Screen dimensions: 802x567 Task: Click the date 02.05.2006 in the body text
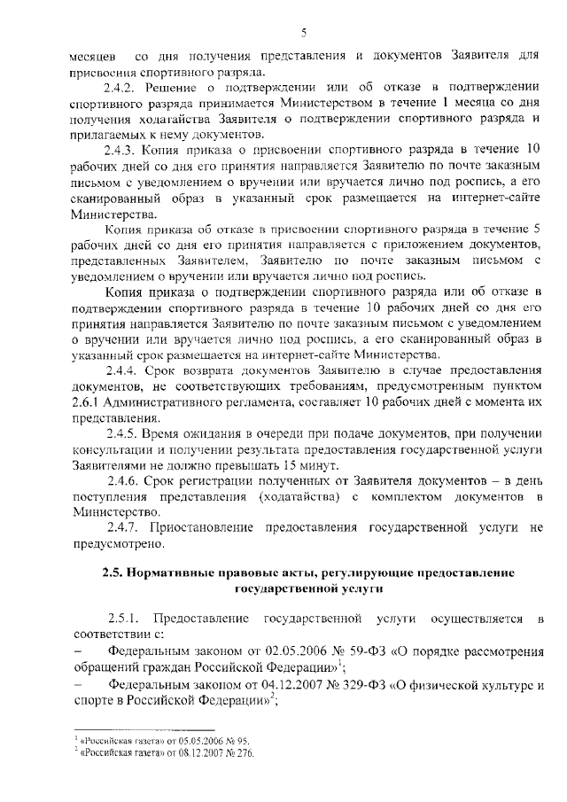300,651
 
